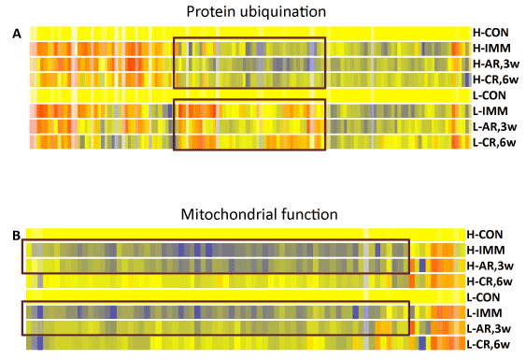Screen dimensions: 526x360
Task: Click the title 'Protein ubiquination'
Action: pos(256,12)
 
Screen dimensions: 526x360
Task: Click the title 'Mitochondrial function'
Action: pos(259,214)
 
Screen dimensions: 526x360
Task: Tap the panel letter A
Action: pos(17,34)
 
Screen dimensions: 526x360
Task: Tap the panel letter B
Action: pos(17,236)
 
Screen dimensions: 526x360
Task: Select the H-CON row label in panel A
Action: pos(490,33)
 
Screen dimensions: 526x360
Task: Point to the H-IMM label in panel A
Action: pos(491,49)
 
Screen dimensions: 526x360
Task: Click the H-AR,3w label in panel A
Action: pos(496,64)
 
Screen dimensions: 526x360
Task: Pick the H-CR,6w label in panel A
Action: pos(495,79)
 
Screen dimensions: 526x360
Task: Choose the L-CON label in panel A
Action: pos(490,95)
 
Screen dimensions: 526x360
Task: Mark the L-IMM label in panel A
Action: pos(490,111)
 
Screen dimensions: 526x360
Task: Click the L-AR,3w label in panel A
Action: pos(495,127)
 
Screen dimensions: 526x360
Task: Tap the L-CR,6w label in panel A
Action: pos(494,143)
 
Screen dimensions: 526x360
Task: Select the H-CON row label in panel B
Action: pos(484,235)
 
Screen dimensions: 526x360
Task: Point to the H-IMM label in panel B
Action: pos(486,251)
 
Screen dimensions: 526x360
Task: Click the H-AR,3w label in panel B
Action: pos(490,266)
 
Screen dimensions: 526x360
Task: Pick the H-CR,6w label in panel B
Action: pos(490,281)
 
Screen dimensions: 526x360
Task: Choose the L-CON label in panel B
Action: pos(483,297)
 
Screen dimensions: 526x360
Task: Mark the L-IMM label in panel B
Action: pos(484,313)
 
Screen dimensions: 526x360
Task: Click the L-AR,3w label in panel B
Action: pos(489,329)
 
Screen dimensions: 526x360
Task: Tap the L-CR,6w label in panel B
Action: pos(489,344)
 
